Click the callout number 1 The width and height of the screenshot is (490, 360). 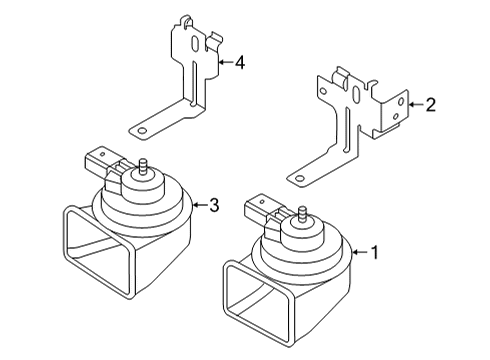(375, 253)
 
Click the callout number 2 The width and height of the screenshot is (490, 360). (431, 105)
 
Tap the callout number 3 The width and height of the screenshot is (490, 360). (214, 205)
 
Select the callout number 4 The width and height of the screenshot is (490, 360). (240, 63)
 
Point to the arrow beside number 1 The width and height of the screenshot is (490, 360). (360, 252)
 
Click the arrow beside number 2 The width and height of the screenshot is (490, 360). (416, 105)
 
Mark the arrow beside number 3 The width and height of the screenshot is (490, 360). (200, 205)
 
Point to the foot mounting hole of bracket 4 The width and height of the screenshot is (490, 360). (142, 130)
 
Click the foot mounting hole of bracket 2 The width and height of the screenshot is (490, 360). (300, 178)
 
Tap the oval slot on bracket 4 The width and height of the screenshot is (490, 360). (195, 44)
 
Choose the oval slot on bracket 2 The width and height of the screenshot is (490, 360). (356, 95)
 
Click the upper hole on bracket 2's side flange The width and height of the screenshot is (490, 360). (401, 100)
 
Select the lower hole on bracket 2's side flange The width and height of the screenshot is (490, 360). (396, 116)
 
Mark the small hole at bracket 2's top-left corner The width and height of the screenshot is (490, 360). (323, 91)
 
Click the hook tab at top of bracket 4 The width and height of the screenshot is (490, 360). (186, 21)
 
